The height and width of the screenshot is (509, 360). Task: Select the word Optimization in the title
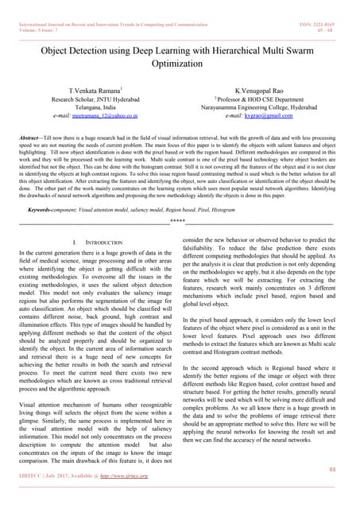pos(180,64)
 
